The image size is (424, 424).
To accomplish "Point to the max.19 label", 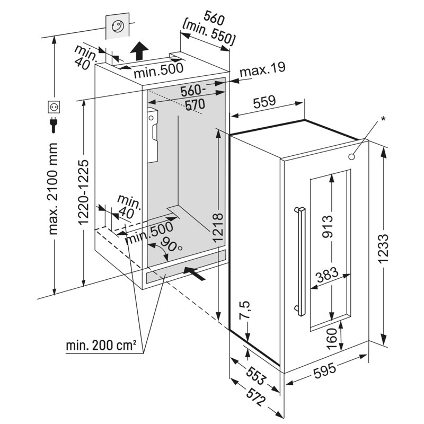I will (262, 68).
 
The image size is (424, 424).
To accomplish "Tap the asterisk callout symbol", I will (383, 117).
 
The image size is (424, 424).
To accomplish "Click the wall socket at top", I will (118, 26).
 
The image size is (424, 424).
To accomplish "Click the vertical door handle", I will (301, 262).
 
